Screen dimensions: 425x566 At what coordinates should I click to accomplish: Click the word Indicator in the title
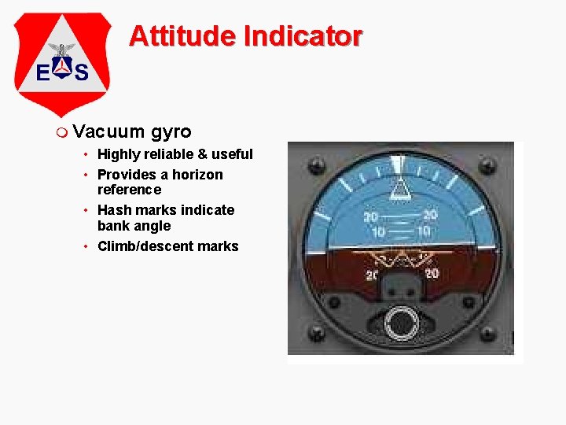(x=303, y=35)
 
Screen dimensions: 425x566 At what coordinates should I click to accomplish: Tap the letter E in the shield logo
(x=45, y=73)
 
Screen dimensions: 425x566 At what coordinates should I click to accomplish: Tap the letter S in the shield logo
(x=80, y=73)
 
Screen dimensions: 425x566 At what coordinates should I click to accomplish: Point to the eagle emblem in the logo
(x=61, y=50)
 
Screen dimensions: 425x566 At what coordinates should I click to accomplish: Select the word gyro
(x=171, y=131)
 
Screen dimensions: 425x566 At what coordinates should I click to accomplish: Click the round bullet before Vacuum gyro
(x=63, y=131)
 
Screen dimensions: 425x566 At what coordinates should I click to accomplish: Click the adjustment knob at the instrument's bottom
(x=402, y=322)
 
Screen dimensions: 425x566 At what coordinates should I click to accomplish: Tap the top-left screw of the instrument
(x=316, y=166)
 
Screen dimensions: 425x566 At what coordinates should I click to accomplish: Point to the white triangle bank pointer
(x=401, y=187)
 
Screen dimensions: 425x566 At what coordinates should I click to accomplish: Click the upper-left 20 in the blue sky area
(x=370, y=216)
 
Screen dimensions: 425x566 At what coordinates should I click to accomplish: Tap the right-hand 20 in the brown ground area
(x=431, y=273)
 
